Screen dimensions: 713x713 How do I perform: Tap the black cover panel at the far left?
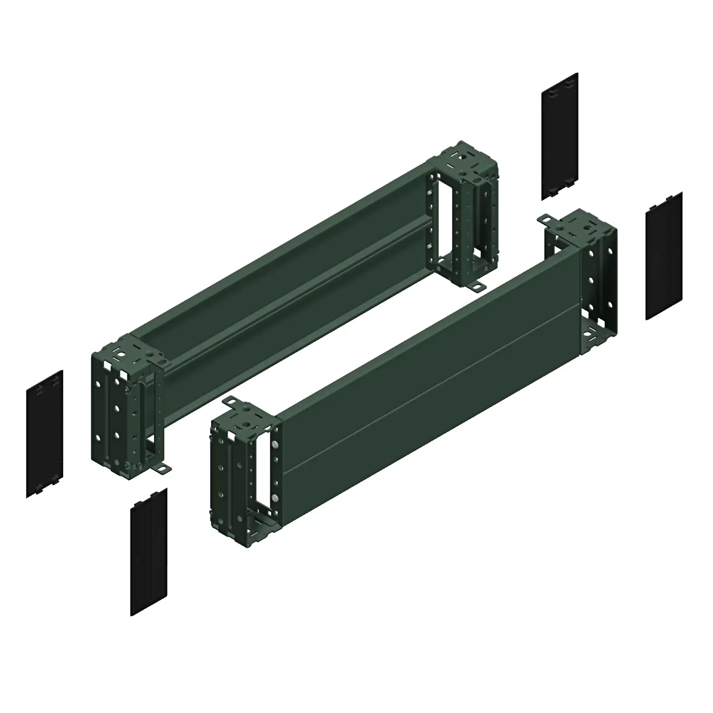[x=45, y=434]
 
